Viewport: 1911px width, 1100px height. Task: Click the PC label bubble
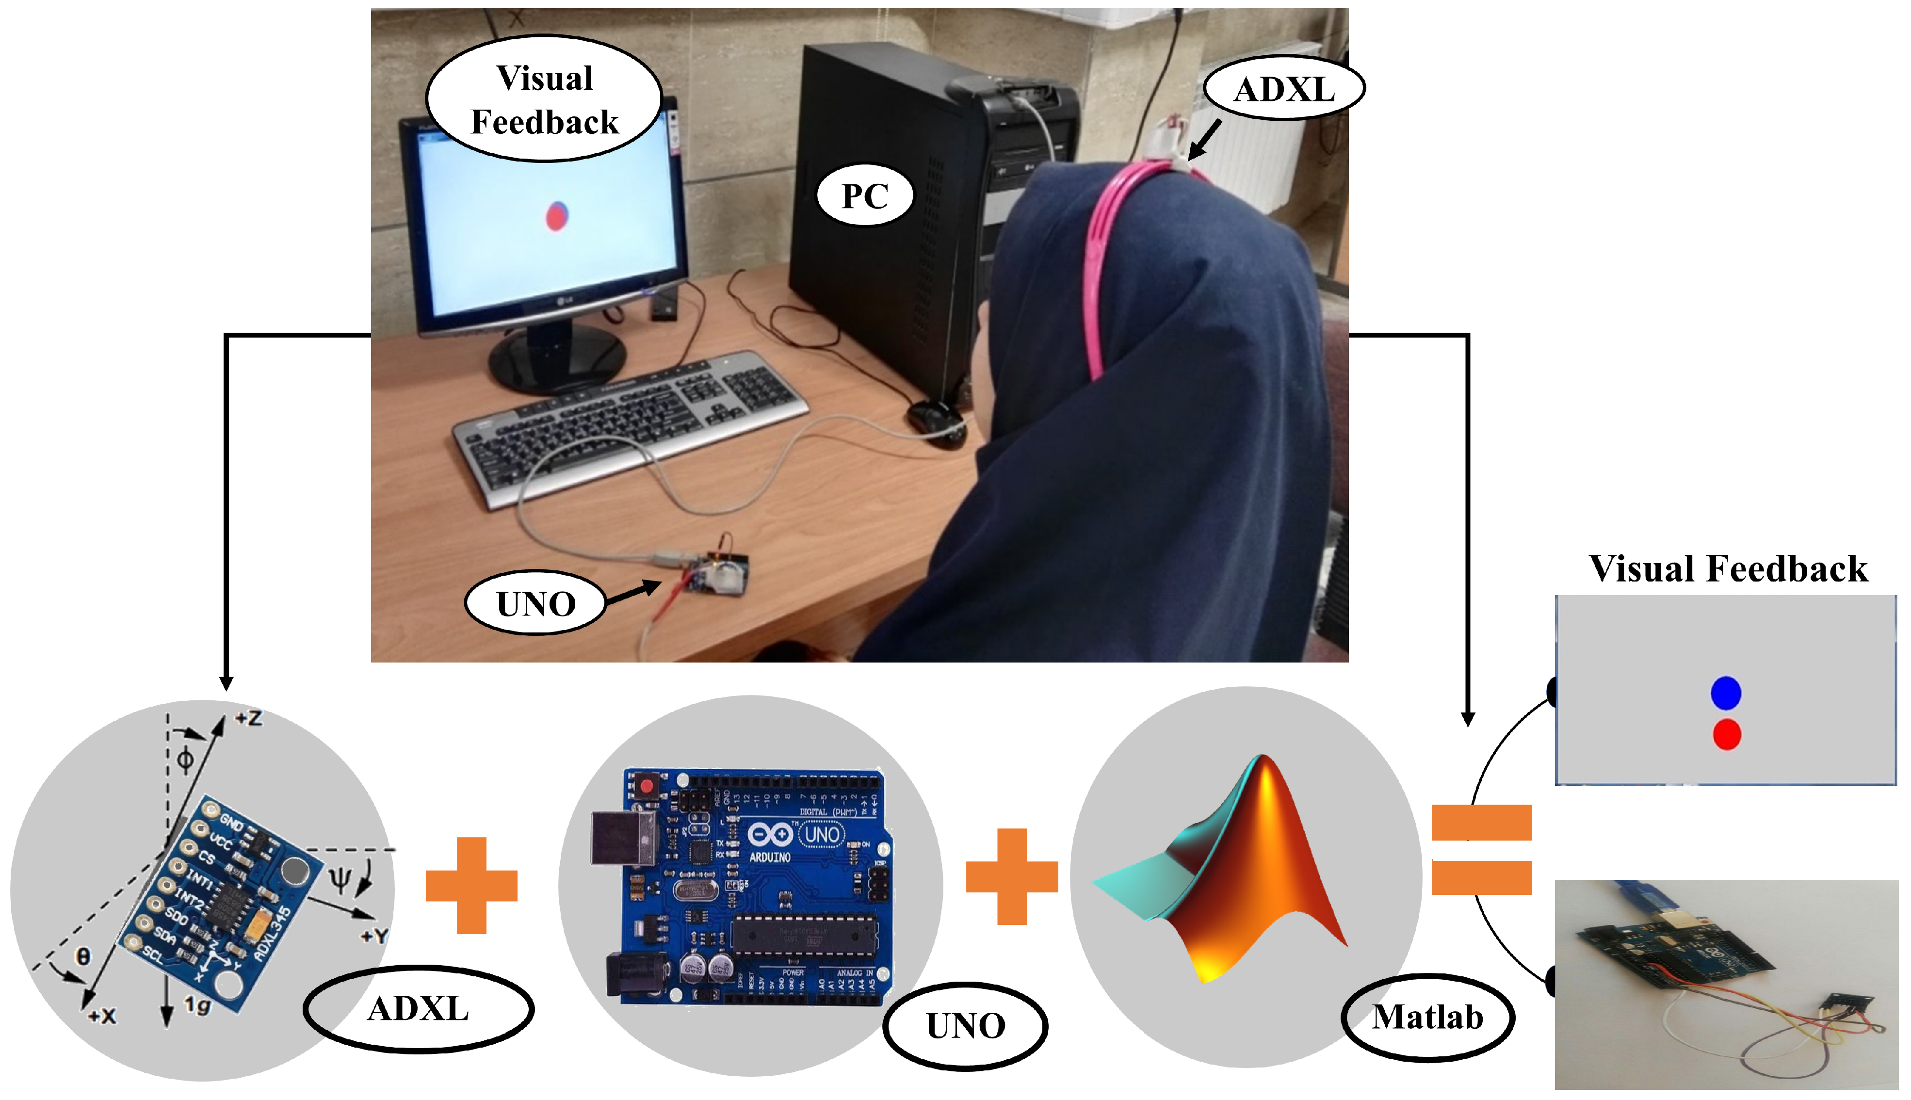pos(865,195)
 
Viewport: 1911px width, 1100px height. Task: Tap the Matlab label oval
pos(1427,1017)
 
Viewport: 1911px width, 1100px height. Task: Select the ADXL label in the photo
pos(1283,89)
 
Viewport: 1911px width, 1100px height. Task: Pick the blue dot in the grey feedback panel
pos(1725,693)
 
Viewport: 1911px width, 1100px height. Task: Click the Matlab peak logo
pos(1239,869)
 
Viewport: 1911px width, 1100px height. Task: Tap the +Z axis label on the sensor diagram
pos(248,718)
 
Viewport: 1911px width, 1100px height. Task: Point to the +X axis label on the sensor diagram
pos(102,1016)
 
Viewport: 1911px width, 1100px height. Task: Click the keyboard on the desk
pos(627,427)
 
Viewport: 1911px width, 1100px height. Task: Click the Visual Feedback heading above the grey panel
pos(1728,568)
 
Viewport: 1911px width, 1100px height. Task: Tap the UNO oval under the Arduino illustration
pos(965,1025)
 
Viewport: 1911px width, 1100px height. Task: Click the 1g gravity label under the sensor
pos(198,1005)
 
